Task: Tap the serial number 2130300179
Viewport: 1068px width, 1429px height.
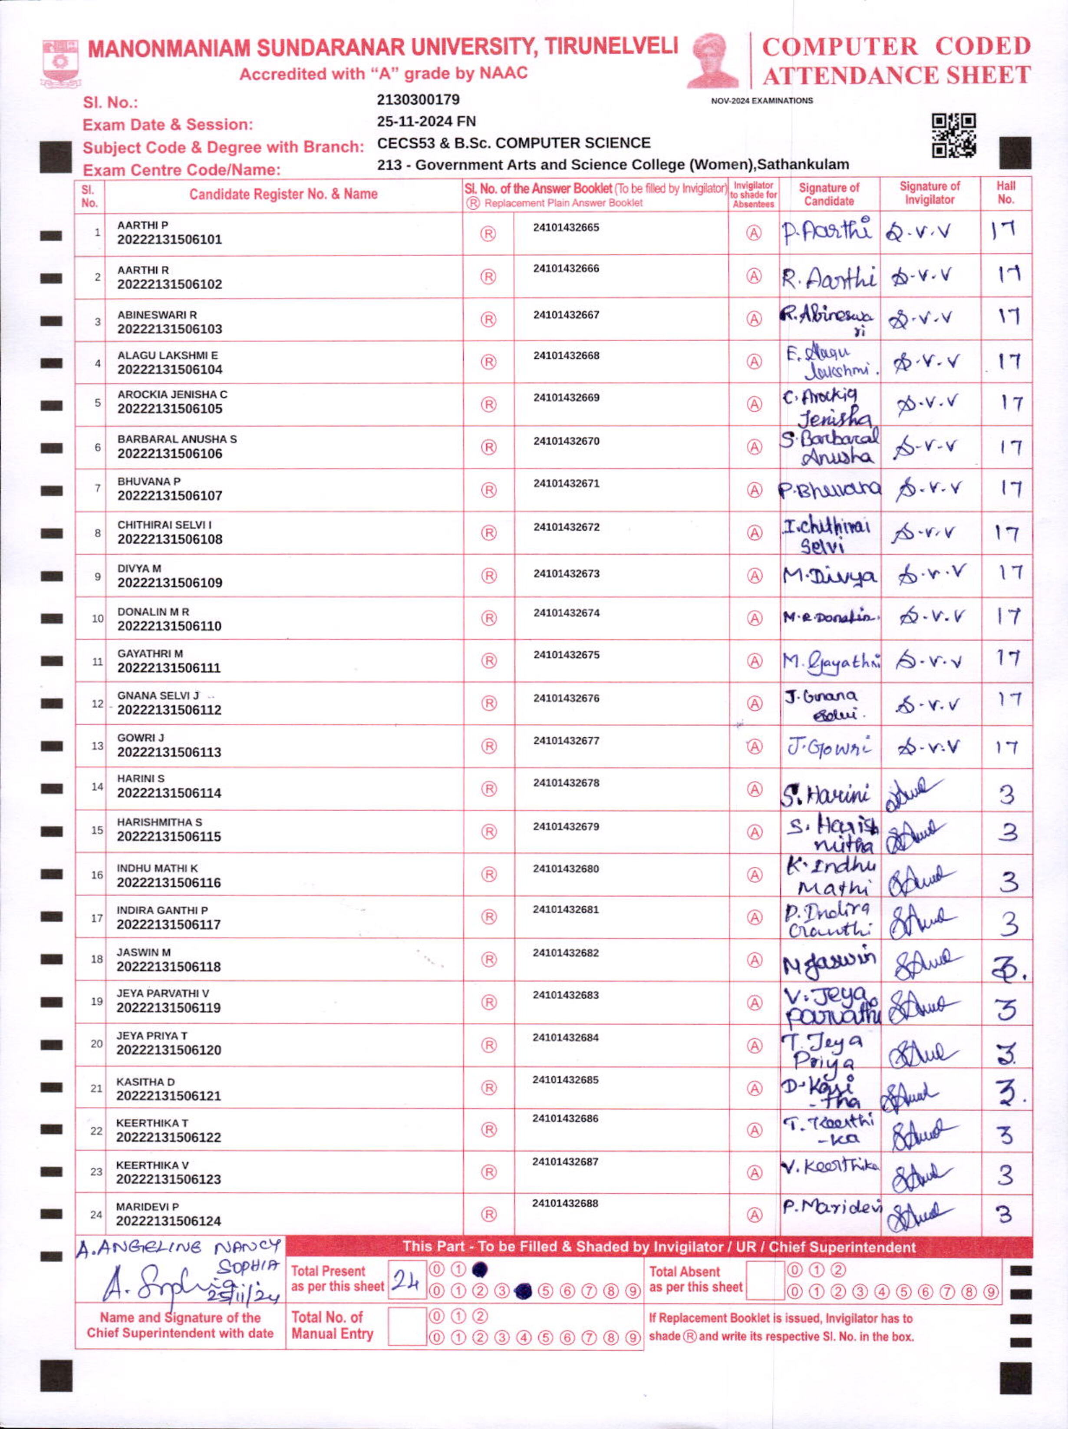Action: tap(418, 99)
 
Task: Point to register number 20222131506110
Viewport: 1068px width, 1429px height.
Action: tap(169, 626)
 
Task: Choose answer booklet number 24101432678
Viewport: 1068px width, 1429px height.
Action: tap(566, 783)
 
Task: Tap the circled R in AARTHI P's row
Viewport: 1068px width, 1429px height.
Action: tap(488, 234)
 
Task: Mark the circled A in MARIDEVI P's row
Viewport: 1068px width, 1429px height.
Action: tap(753, 1214)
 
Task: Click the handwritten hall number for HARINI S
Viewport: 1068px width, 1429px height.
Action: tap(1006, 795)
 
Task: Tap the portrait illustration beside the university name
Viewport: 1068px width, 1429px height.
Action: tap(712, 61)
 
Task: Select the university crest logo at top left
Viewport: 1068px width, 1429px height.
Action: tap(59, 63)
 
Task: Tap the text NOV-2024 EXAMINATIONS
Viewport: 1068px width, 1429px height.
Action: tap(762, 101)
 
